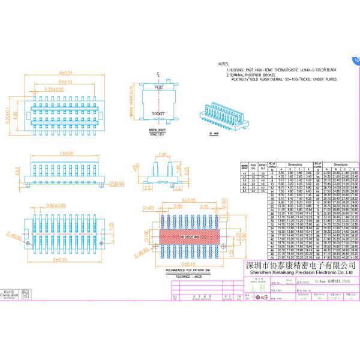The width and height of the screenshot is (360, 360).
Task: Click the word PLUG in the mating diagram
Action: coord(159,88)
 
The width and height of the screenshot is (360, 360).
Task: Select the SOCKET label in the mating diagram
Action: coord(158,113)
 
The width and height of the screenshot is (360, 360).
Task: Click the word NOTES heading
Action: coord(224,63)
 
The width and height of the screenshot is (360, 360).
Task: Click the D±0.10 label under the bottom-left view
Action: coord(60,260)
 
